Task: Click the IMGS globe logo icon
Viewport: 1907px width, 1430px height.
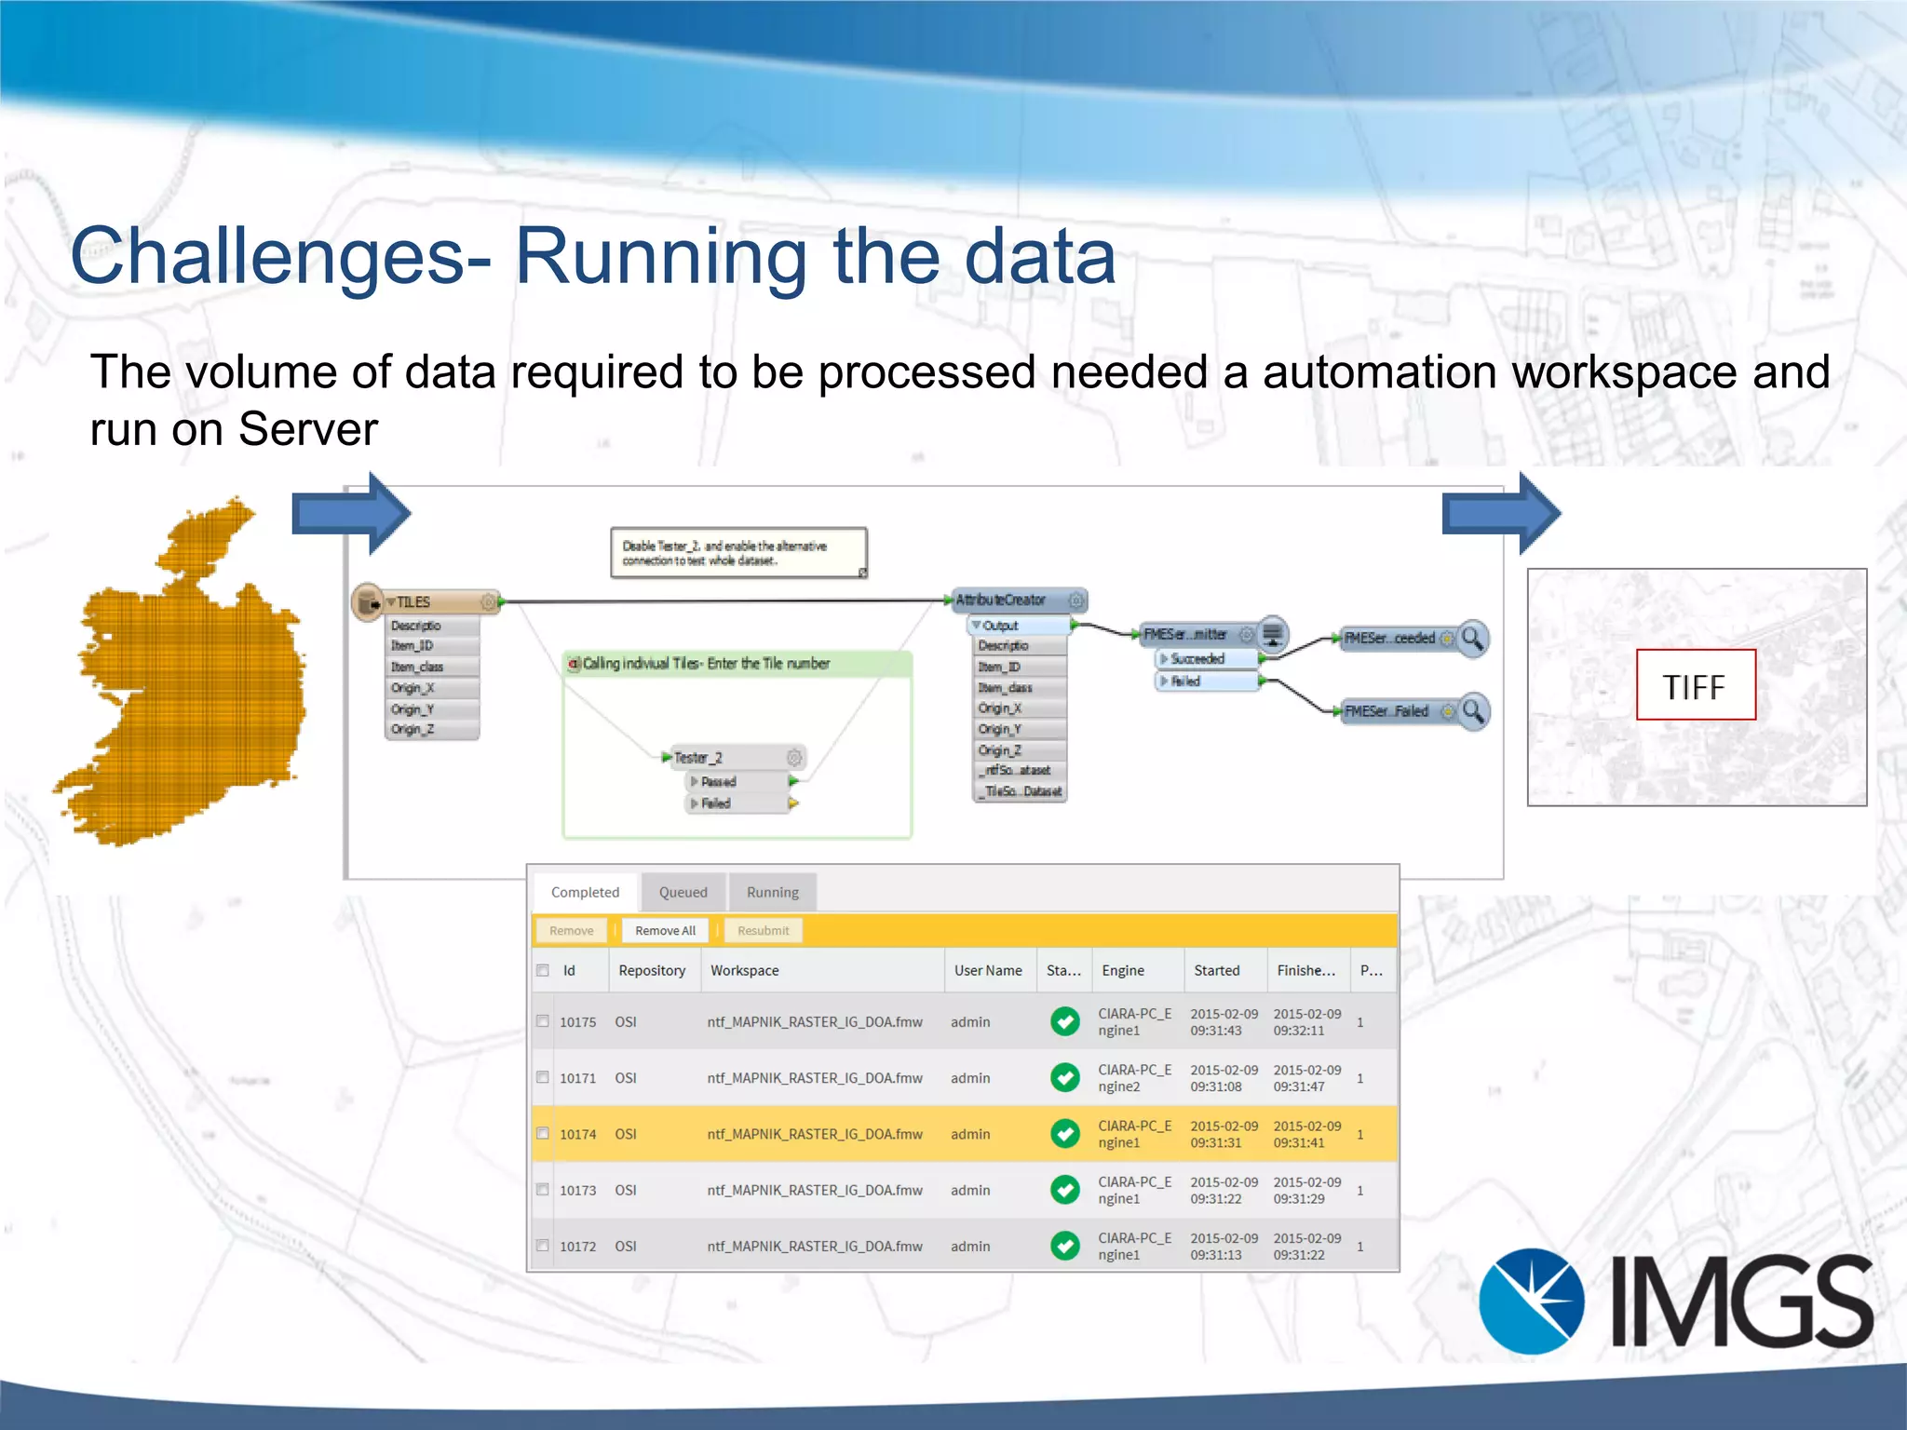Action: point(1531,1301)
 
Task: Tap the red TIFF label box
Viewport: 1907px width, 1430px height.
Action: point(1696,685)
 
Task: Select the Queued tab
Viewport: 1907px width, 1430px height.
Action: point(683,892)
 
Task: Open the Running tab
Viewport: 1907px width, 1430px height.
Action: point(772,892)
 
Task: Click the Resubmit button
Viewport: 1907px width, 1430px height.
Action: point(763,930)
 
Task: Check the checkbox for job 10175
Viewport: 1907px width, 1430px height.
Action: point(543,1021)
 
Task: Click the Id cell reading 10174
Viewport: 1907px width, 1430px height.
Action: point(577,1134)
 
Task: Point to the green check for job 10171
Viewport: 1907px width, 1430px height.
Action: point(1064,1077)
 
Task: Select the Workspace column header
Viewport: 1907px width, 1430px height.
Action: point(744,970)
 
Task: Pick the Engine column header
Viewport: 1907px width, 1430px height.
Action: point(1122,970)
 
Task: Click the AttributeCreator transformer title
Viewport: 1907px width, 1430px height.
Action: point(1001,600)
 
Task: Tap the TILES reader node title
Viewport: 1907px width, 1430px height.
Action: point(414,602)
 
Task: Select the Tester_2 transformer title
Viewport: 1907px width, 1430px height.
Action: point(698,758)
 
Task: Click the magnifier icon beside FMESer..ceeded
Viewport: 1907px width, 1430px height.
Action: point(1473,639)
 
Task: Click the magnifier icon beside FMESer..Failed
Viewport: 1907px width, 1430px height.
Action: point(1473,711)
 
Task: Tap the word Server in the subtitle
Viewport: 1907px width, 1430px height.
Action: point(307,429)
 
